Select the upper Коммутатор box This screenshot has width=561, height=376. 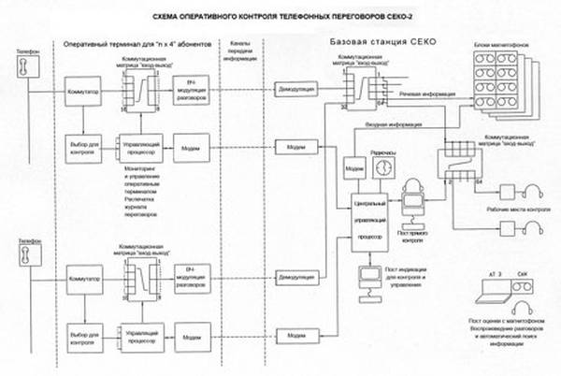[85, 96]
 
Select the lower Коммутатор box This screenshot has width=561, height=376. [85, 280]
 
